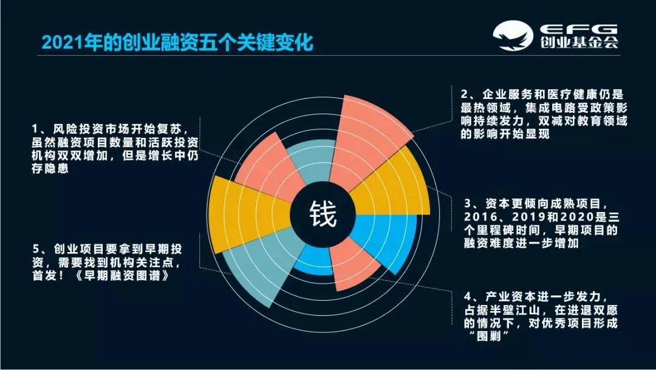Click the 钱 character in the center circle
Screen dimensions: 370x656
(322, 213)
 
